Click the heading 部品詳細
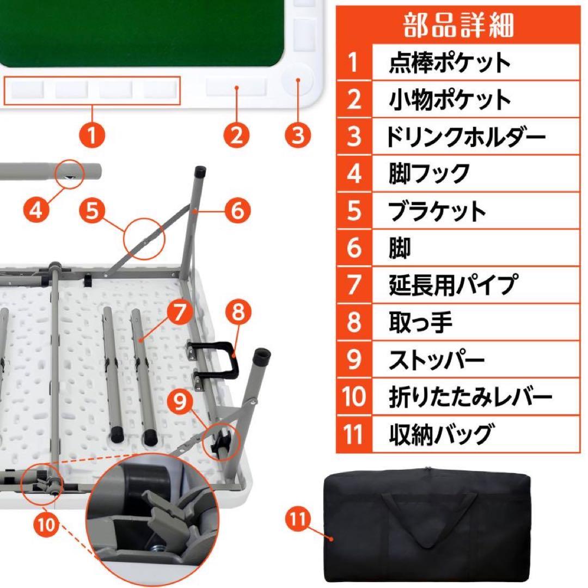pyautogui.click(x=458, y=24)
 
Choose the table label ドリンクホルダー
pyautogui.click(x=465, y=137)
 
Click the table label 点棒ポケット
pyautogui.click(x=450, y=63)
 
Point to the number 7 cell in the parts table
pyautogui.click(x=354, y=285)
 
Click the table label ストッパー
pyautogui.click(x=436, y=360)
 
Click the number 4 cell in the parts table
pyautogui.click(x=354, y=174)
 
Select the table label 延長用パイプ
pyautogui.click(x=452, y=285)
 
